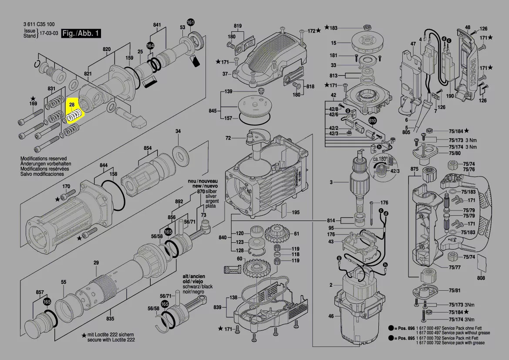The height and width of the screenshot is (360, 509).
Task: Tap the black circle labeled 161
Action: tap(191, 22)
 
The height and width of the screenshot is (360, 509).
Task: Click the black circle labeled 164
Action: tap(150, 45)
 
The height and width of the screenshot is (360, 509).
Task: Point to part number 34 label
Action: tap(178, 131)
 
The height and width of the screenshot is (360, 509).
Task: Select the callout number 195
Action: tap(296, 212)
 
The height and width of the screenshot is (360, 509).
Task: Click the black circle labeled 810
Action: tap(372, 121)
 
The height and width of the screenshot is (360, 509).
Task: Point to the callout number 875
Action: tap(414, 169)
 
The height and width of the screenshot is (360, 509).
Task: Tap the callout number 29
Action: tap(96, 262)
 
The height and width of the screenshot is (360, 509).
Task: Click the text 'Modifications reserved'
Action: tap(43, 159)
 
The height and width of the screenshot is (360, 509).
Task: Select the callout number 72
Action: tap(228, 138)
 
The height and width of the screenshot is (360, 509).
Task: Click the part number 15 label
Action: tap(334, 43)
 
